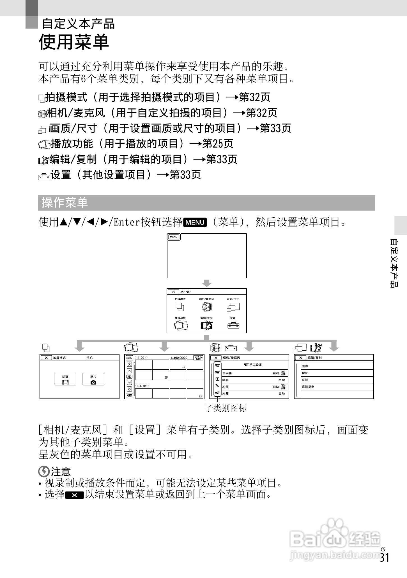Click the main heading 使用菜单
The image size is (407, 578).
pos(74,43)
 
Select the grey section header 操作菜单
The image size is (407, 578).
pos(65,203)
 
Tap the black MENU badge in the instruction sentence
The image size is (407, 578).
pos(195,222)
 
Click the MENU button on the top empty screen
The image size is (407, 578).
pos(174,237)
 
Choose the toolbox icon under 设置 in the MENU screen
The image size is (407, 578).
pos(233,325)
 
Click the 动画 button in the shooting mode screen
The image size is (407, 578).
pos(65,379)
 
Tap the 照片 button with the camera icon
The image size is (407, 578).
pos(93,379)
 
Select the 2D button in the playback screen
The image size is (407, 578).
pos(129,377)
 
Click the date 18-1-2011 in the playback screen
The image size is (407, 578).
pos(142,386)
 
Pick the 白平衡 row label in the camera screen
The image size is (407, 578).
pos(227,373)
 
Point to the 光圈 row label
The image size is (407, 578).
pos(225,393)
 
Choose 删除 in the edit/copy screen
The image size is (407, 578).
pos(305,366)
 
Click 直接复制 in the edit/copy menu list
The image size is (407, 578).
pos(308,387)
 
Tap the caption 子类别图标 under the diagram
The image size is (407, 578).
pos(226,408)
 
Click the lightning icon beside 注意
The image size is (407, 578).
pos(43,471)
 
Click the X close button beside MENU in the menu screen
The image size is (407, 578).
pos(174,292)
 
